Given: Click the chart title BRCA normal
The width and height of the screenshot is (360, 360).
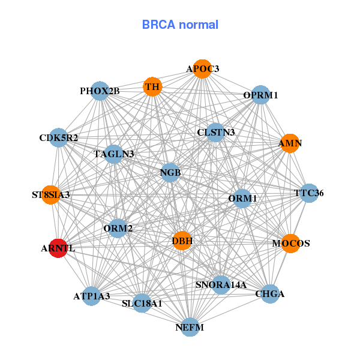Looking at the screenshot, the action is [180, 25].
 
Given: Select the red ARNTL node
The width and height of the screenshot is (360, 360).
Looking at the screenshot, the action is [58, 248].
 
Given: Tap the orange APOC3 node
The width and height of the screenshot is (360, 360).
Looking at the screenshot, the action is [202, 69].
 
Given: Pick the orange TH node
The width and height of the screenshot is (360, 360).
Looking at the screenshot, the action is [152, 87].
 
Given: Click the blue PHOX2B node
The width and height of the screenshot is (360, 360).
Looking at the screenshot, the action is [100, 91].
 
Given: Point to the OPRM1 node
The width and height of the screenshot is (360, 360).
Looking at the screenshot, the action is [260, 95].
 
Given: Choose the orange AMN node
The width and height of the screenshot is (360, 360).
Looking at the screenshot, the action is [290, 143].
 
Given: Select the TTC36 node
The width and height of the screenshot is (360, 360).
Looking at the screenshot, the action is [309, 193].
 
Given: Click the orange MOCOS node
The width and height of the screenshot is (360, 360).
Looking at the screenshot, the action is [290, 244].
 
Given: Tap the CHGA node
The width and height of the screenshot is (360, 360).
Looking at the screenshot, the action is [270, 294].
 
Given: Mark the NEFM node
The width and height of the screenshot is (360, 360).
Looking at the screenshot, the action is [190, 327].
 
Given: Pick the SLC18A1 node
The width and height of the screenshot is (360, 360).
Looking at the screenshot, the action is [142, 304].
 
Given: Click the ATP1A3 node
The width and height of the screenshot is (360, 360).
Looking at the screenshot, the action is [91, 296].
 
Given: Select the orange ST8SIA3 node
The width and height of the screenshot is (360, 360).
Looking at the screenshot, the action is [51, 195].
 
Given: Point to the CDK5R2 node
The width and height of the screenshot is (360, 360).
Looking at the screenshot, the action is [58, 138].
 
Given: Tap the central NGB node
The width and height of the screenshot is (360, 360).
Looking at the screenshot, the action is [170, 173].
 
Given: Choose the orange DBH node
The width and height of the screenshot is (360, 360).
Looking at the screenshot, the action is [182, 241].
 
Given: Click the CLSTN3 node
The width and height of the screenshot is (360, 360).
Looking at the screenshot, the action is [216, 132].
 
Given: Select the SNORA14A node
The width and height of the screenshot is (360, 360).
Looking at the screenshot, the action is [221, 284].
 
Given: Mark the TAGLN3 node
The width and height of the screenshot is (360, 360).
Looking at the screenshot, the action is [113, 154].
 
